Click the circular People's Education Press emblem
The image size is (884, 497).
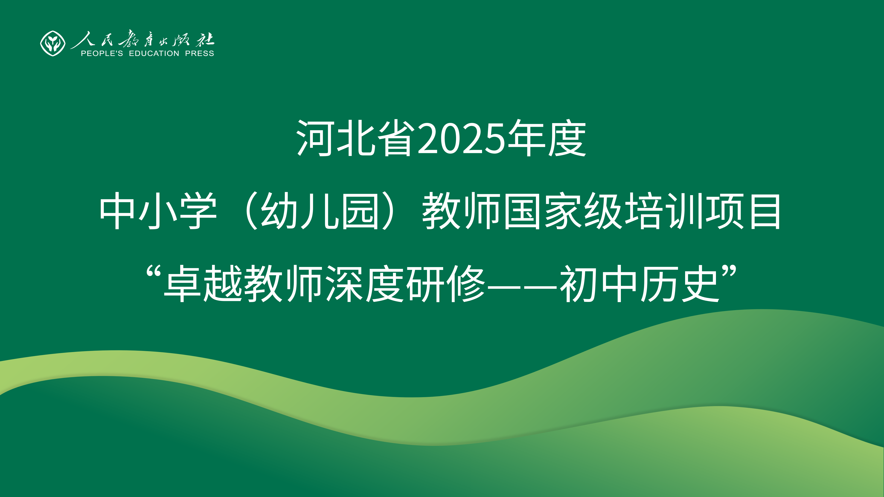[52, 43]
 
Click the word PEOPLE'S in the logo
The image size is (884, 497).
[102, 54]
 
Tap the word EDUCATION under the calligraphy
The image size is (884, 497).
[154, 54]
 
